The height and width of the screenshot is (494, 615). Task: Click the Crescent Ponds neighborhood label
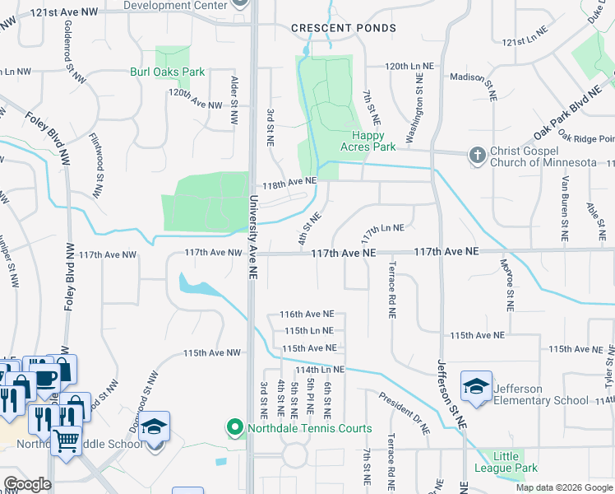(344, 28)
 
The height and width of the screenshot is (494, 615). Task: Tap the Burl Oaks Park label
(168, 72)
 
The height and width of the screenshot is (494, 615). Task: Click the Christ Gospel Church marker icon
(476, 155)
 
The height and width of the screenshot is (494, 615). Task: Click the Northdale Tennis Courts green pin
(235, 428)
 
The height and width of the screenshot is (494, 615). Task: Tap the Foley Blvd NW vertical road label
(69, 276)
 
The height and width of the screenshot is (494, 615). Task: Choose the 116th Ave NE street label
(307, 315)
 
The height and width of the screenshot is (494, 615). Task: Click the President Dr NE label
(405, 412)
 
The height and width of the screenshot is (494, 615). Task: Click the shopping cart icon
(67, 439)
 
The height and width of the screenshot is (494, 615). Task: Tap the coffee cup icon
(43, 377)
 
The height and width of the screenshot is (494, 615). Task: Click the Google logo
(27, 484)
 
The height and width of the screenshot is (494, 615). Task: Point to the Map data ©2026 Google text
(563, 487)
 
